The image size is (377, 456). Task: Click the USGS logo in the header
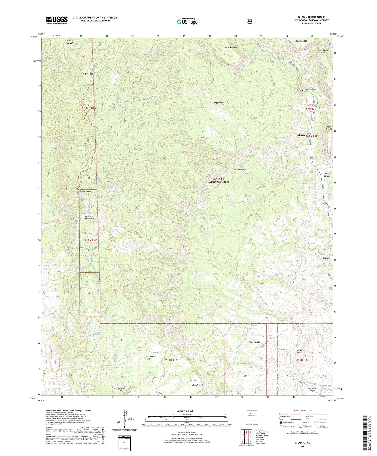coord(57,20)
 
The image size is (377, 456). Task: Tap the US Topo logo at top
coord(187,21)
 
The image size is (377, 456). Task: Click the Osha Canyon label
coord(240,169)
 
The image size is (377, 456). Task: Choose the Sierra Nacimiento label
coord(89,218)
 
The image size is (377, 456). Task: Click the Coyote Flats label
coord(254,342)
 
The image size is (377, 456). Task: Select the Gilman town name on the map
coord(300,135)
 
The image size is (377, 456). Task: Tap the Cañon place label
coord(326,258)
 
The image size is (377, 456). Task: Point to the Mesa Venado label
coord(231,47)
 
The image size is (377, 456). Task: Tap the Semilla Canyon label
coord(70,42)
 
